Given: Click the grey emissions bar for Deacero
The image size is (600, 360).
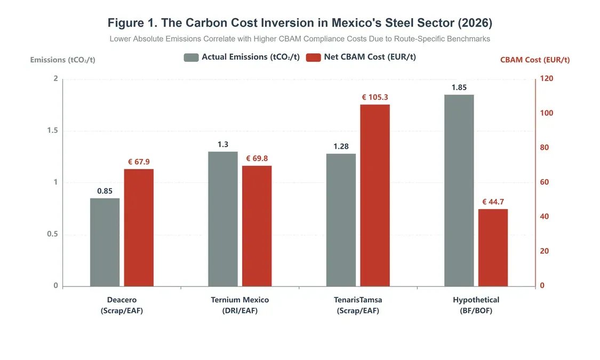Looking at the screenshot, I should coord(105,242).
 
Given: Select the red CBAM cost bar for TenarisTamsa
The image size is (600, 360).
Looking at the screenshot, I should coord(374,195).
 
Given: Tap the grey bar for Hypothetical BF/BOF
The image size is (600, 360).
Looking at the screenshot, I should coord(459,190).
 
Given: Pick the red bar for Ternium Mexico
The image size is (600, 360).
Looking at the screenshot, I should coord(257,226).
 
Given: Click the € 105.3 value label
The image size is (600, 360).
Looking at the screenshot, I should coord(375,97).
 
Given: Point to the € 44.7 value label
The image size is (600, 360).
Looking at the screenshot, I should coord(493,202).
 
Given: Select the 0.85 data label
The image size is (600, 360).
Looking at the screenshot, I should coord(105,191).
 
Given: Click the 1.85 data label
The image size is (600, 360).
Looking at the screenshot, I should coord(459,87).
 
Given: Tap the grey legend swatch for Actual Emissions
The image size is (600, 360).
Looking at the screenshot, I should coord(191,58).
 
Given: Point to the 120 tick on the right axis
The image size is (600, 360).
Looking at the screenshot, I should coord(547,78).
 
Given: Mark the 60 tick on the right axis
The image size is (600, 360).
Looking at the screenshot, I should coord(545,182).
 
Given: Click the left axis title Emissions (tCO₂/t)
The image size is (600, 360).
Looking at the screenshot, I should coord(62,60).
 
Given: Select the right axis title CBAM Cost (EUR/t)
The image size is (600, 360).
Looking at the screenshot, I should coord(534,60).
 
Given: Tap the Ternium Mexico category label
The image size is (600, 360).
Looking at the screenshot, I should coord(239,300).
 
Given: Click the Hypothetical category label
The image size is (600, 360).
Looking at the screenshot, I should coord(476,300).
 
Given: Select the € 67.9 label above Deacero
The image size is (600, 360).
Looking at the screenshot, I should coord(139,162).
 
